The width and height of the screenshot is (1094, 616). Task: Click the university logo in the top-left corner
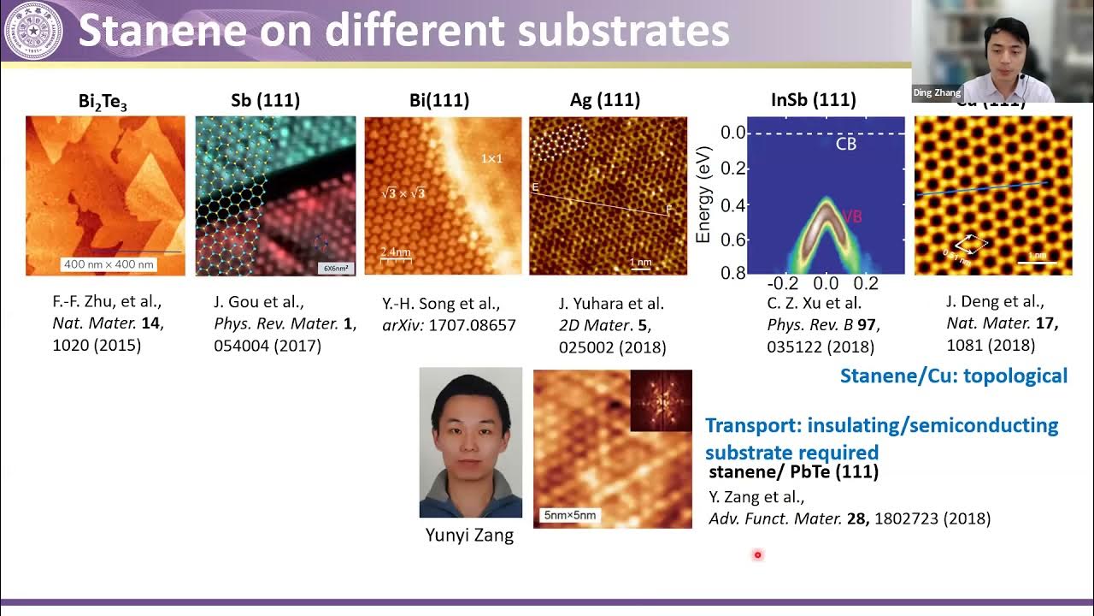pyautogui.click(x=33, y=31)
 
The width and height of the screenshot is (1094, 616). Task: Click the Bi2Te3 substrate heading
pyautogui.click(x=103, y=102)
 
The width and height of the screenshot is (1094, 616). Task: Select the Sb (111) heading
pyautogui.click(x=265, y=100)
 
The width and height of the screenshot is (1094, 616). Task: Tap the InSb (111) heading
pyautogui.click(x=813, y=100)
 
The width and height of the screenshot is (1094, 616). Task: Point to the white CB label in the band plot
pyautogui.click(x=845, y=144)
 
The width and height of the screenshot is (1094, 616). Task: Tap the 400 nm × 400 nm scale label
pyautogui.click(x=109, y=264)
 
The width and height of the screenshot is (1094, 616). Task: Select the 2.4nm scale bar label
pyautogui.click(x=394, y=253)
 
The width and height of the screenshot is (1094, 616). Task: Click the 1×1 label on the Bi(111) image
pyautogui.click(x=491, y=159)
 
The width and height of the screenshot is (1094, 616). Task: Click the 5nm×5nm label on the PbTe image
pyautogui.click(x=569, y=515)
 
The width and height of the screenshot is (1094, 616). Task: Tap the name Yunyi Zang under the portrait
pyautogui.click(x=469, y=536)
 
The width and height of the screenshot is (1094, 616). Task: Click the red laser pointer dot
pyautogui.click(x=757, y=555)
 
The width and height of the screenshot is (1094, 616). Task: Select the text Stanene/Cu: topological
pyautogui.click(x=953, y=376)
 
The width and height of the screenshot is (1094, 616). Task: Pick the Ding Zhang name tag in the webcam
pyautogui.click(x=937, y=92)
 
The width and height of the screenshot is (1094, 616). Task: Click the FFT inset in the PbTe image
pyautogui.click(x=661, y=400)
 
